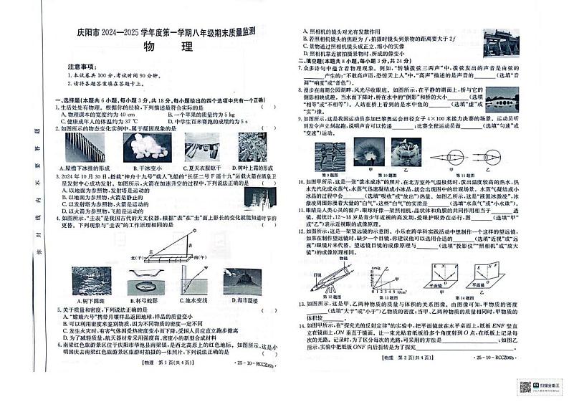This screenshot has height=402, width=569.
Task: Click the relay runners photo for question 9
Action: point(332,156)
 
